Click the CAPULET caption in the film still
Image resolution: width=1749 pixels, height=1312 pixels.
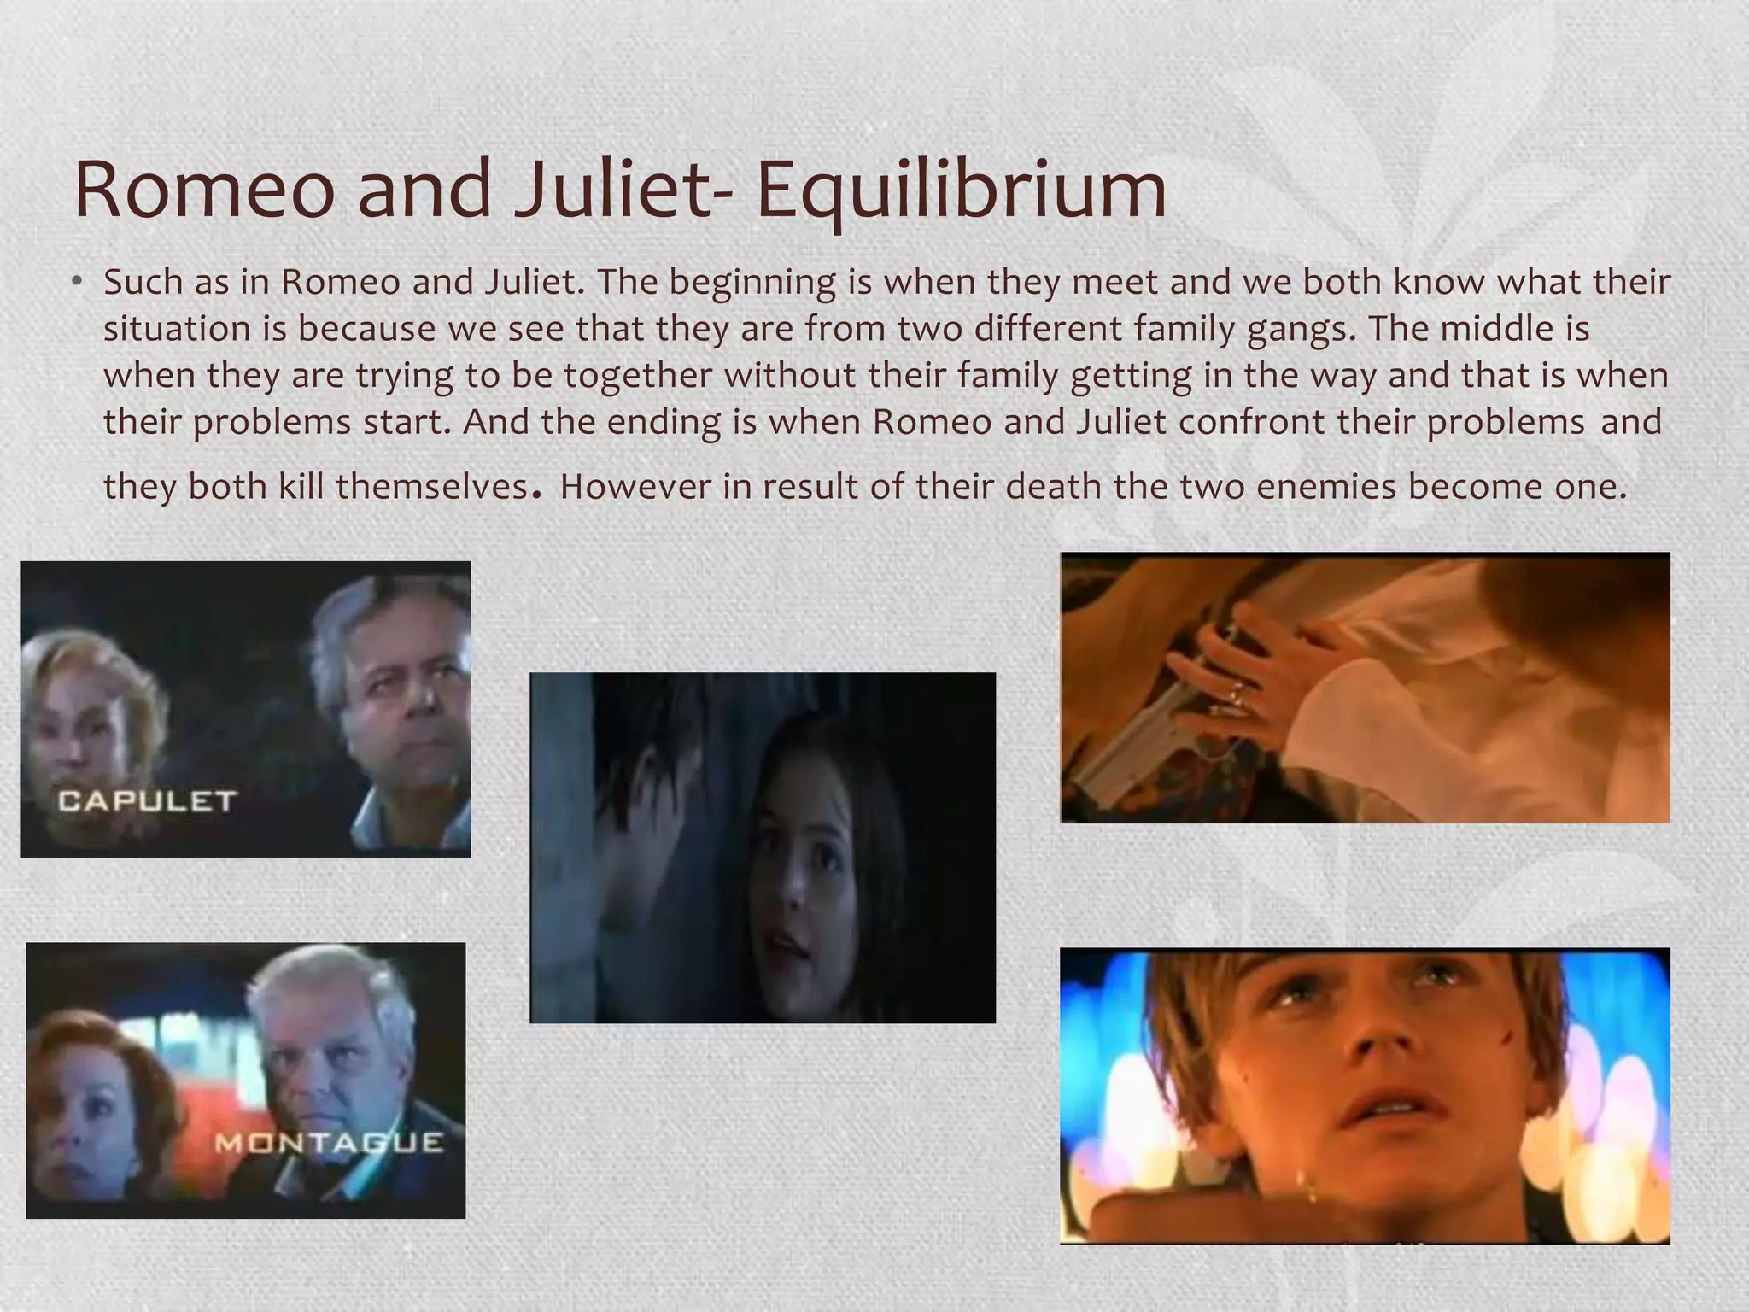tap(147, 801)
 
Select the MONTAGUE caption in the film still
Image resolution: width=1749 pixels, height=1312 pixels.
tap(329, 1142)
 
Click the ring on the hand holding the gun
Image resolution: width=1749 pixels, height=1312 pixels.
tap(1236, 694)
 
